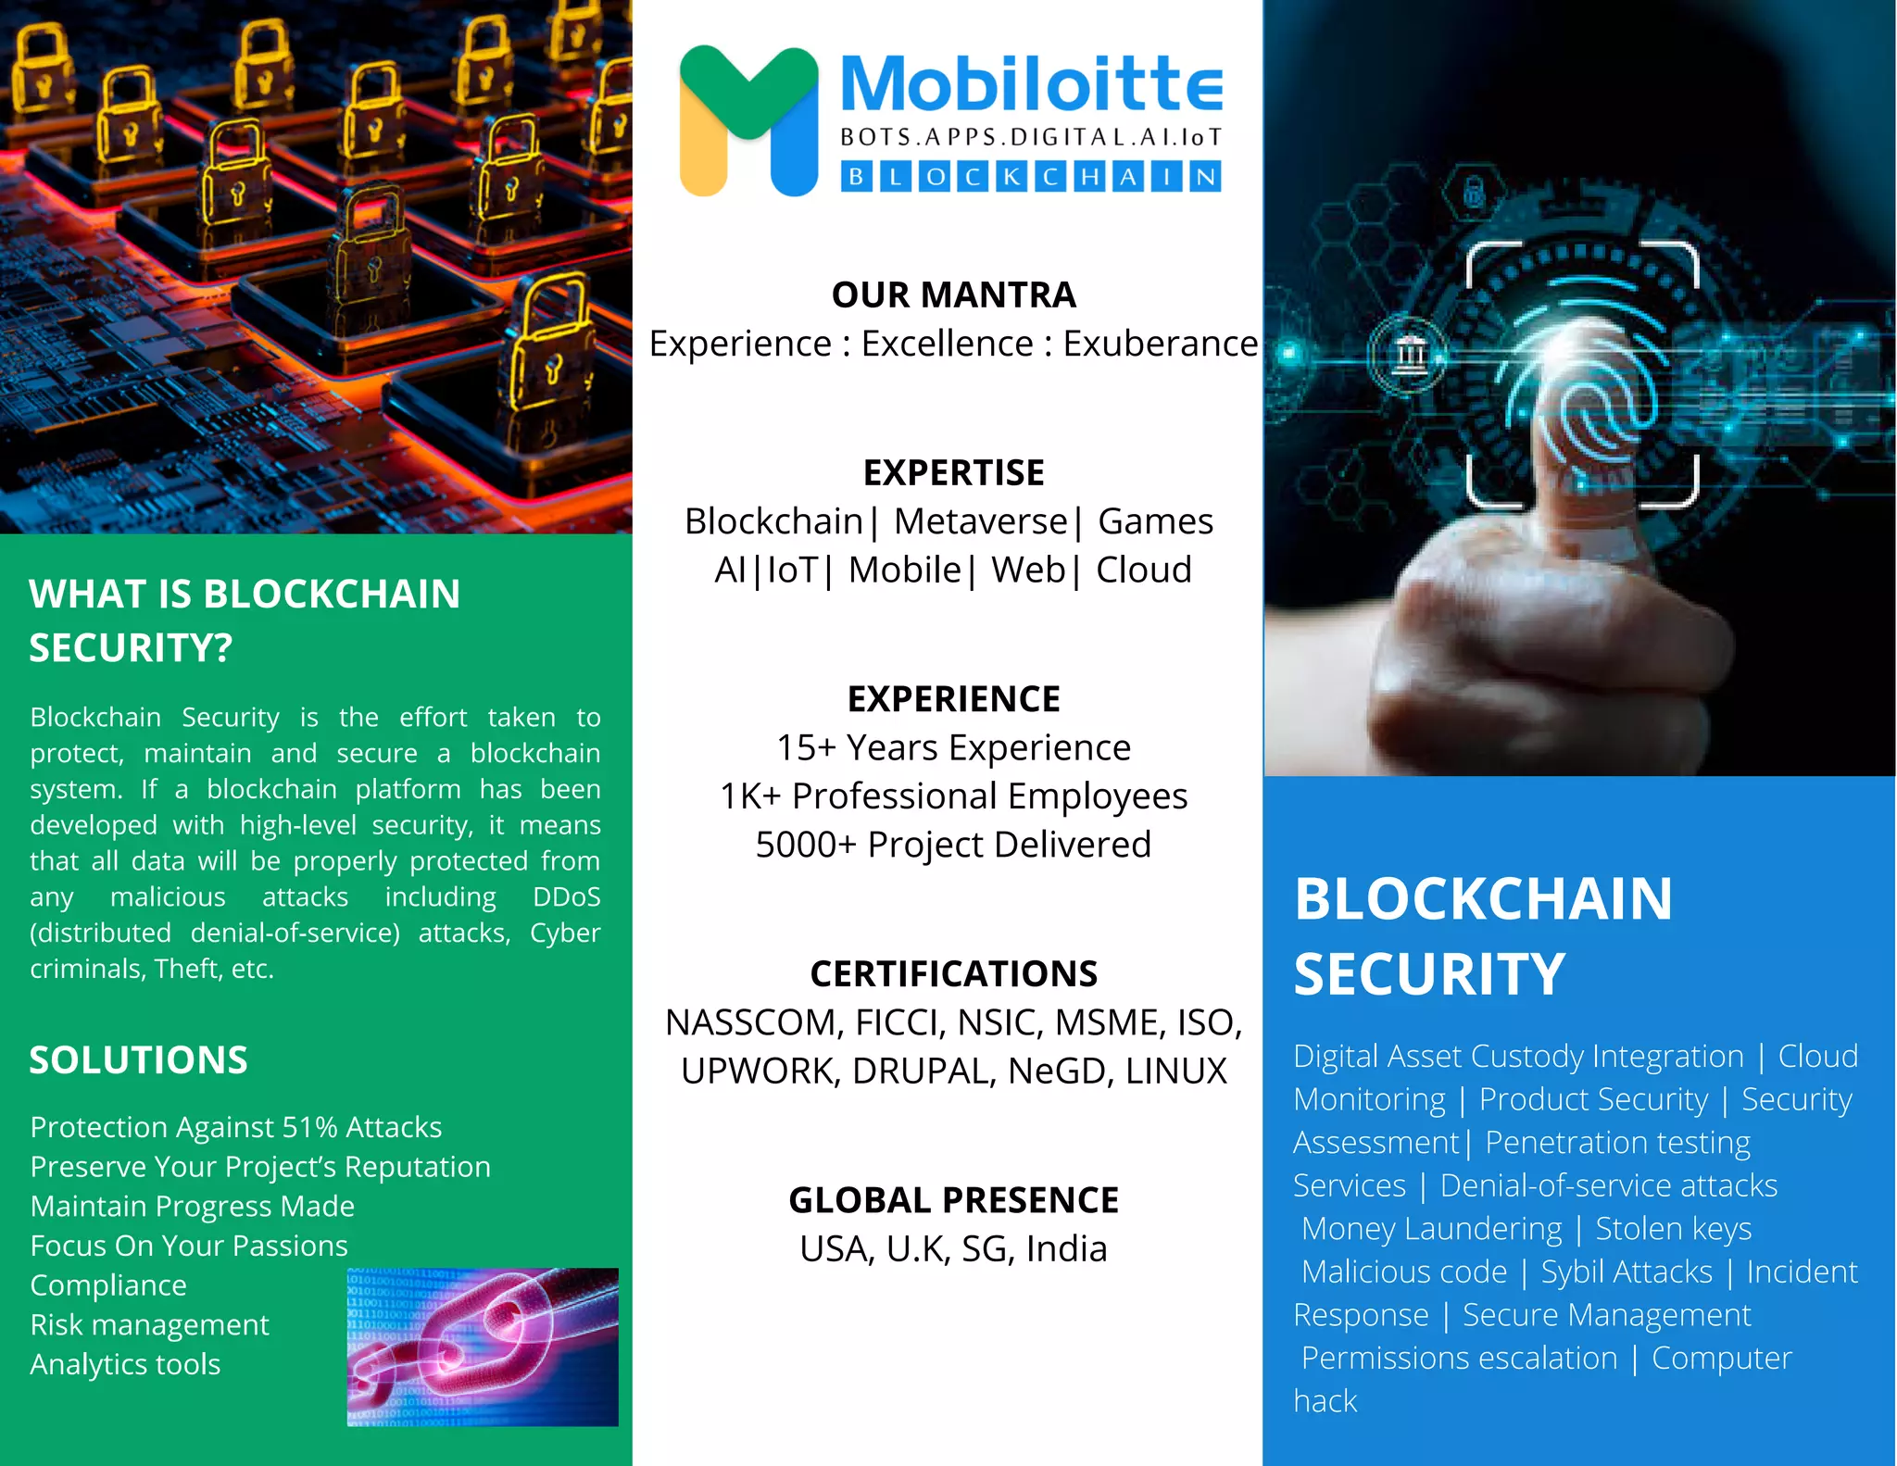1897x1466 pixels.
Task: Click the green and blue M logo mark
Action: point(748,120)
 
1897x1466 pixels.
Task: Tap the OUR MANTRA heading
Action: point(953,294)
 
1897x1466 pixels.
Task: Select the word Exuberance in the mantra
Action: point(1160,344)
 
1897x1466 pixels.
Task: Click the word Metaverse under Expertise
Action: point(980,521)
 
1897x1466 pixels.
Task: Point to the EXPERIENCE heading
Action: point(953,698)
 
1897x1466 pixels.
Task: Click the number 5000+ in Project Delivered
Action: point(805,845)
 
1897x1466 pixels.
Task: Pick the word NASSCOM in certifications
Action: point(752,1022)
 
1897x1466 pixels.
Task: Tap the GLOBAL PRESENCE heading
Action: point(953,1200)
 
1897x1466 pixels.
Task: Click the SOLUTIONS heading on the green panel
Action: point(138,1059)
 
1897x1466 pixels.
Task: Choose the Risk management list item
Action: point(149,1325)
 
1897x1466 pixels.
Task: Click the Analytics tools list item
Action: point(125,1364)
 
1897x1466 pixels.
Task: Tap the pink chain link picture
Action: point(482,1347)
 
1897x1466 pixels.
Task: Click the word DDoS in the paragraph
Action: point(566,897)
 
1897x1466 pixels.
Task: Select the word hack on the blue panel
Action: point(1325,1401)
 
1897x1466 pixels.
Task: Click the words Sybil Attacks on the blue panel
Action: point(1627,1272)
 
